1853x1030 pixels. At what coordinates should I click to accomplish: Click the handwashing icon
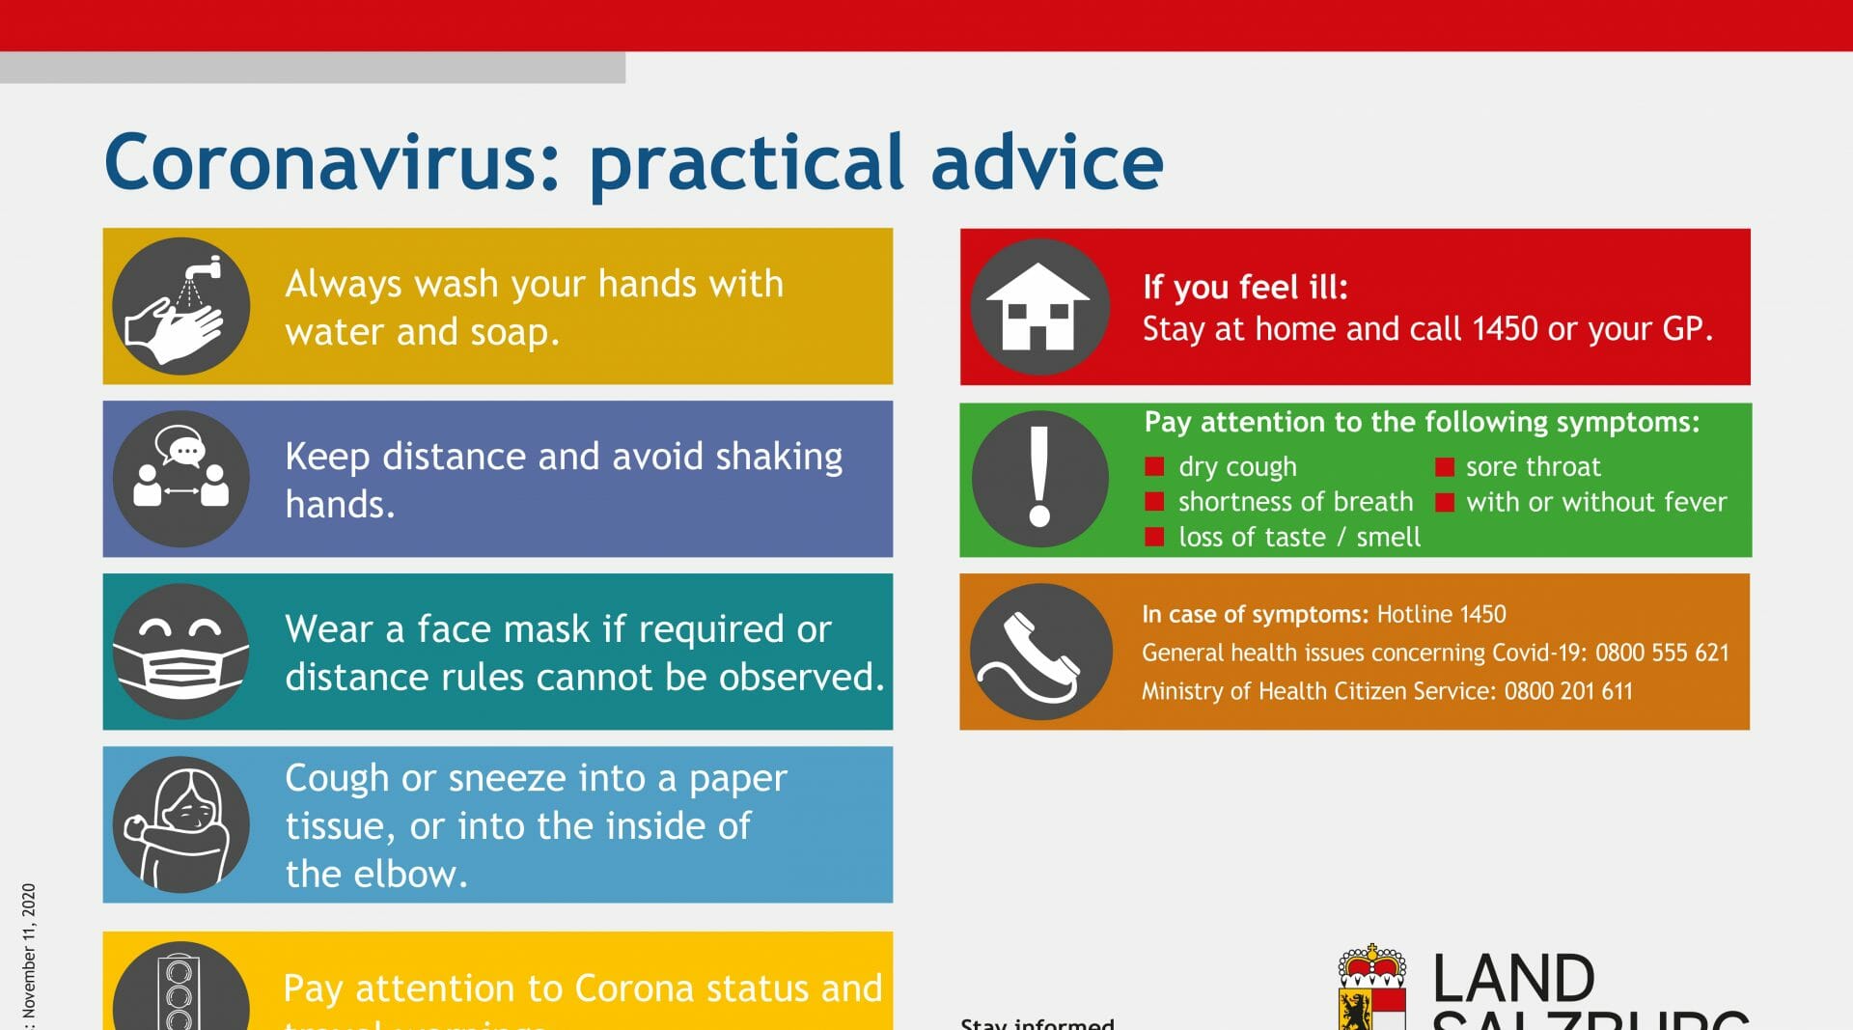coord(180,306)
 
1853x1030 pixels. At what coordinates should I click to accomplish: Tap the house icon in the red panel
coord(1039,306)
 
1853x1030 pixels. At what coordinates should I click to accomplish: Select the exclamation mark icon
coord(1039,478)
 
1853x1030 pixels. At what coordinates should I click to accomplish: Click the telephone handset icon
coord(1039,651)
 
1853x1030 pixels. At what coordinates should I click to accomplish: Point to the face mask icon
coord(180,652)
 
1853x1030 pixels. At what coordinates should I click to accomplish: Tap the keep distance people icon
coord(180,479)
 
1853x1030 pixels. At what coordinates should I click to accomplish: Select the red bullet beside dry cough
coord(1154,467)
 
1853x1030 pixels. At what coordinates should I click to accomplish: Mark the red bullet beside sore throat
coord(1444,467)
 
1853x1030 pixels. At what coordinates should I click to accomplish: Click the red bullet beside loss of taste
coord(1154,537)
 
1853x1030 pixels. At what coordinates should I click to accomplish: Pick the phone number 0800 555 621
coord(1662,653)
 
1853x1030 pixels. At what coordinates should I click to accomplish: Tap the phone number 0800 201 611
coord(1568,691)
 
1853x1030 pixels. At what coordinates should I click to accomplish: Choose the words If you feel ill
coord(1245,287)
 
